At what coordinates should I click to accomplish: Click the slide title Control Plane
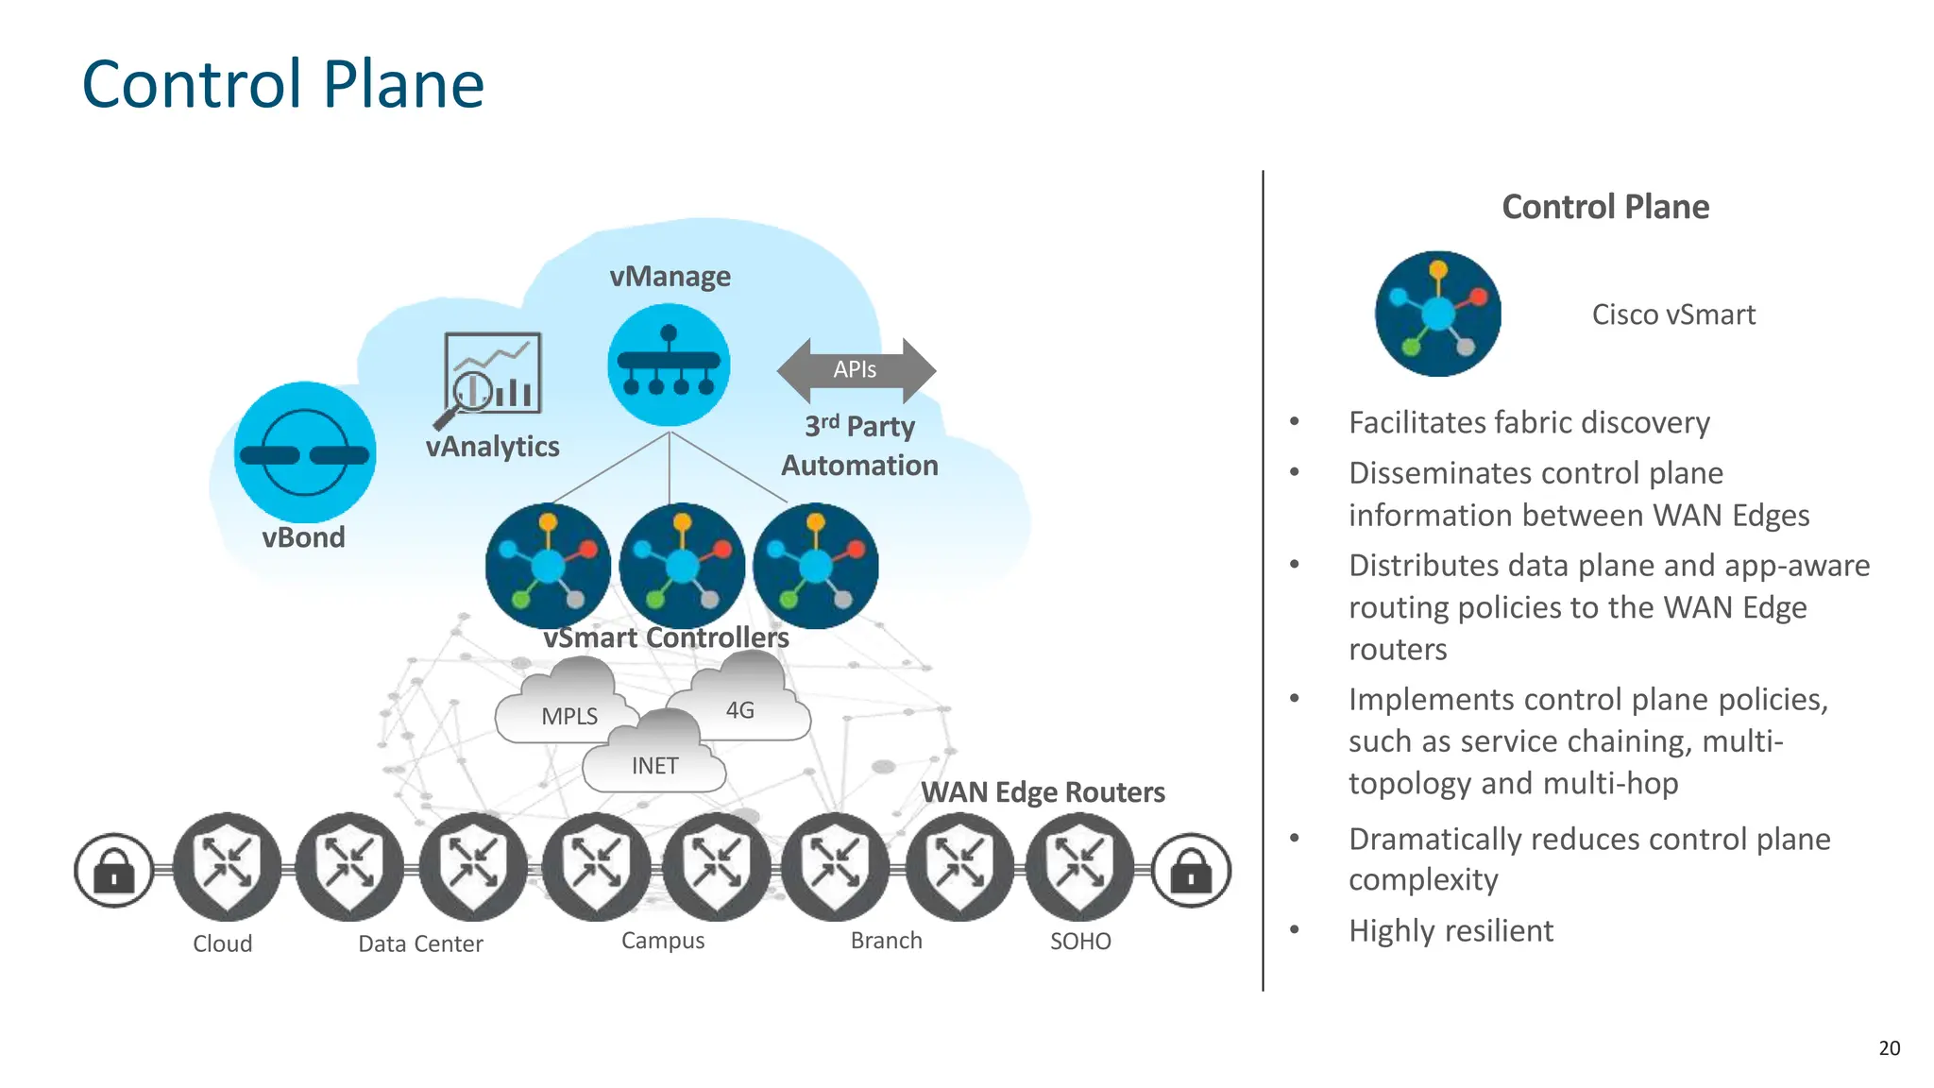283,85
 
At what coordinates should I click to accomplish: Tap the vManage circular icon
669,365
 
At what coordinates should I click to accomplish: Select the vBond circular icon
305,453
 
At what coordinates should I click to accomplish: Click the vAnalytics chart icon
491,376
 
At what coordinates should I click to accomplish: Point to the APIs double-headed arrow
856,370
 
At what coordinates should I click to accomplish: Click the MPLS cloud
567,708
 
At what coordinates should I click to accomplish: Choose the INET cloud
654,760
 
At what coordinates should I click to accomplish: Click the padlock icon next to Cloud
114,870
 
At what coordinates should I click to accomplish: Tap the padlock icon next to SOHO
1192,870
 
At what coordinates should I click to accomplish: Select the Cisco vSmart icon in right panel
1437,314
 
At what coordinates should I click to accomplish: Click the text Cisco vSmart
1673,314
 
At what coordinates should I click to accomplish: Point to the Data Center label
420,943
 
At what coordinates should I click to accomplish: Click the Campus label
663,941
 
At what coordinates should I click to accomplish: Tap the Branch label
886,941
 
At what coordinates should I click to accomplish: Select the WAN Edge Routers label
1043,792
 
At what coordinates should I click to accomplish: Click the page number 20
1889,1048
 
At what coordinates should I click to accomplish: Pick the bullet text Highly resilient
1450,931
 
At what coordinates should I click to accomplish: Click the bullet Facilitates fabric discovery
1529,423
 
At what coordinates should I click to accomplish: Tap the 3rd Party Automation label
859,446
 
